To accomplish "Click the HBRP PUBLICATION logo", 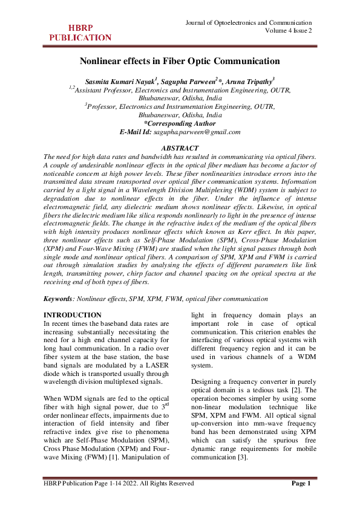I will tap(80, 32).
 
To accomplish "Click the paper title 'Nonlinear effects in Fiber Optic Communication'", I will tap(180, 61).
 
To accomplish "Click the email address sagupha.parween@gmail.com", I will tap(197, 132).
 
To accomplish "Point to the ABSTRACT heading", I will tap(180, 148).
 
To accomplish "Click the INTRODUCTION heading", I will tap(73, 315).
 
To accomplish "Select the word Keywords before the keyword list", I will tap(59, 299).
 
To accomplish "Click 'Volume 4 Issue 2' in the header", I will tap(289, 31).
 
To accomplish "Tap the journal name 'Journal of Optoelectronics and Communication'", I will tap(250, 22).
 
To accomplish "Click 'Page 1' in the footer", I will tap(301, 484).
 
